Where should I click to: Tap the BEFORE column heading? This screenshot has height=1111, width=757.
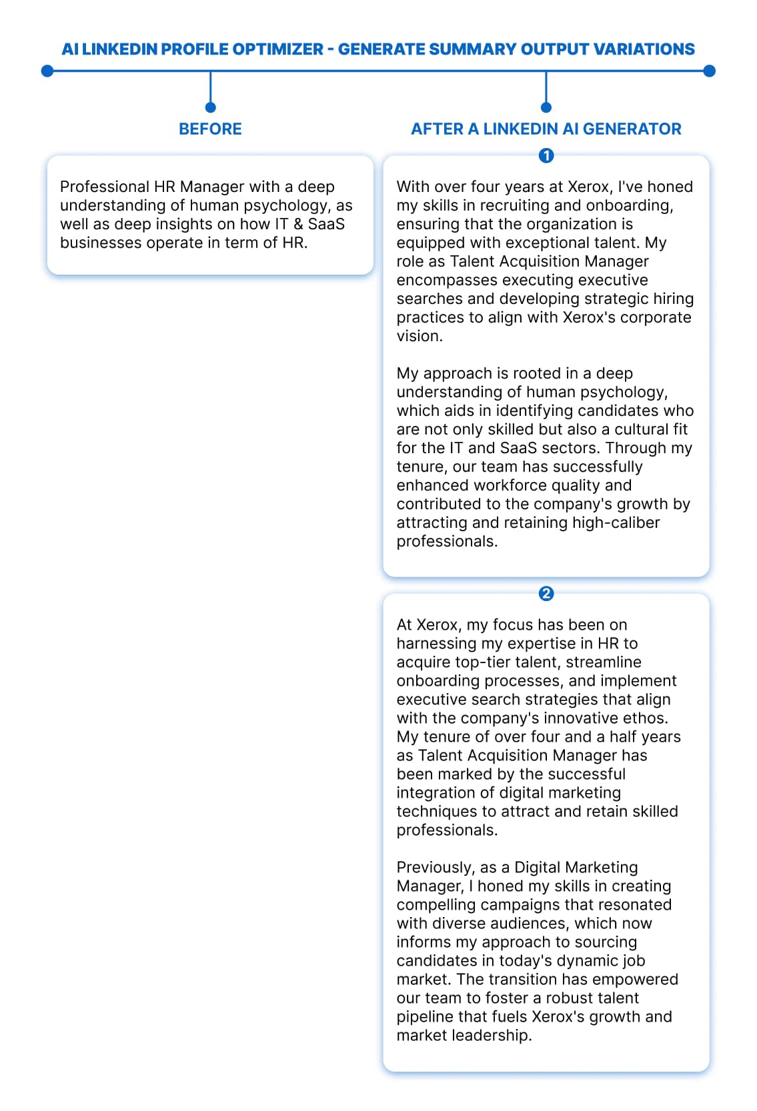pos(210,129)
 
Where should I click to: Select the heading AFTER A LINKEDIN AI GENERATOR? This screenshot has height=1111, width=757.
pos(546,129)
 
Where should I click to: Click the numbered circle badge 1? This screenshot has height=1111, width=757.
pos(546,156)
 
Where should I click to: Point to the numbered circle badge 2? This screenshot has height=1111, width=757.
pos(546,593)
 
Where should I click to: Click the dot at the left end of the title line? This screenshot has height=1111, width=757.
pos(47,71)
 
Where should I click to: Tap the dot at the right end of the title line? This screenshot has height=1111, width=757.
pos(710,71)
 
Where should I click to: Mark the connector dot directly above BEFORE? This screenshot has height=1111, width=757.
pos(210,107)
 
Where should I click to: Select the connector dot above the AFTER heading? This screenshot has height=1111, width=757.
pos(546,107)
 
